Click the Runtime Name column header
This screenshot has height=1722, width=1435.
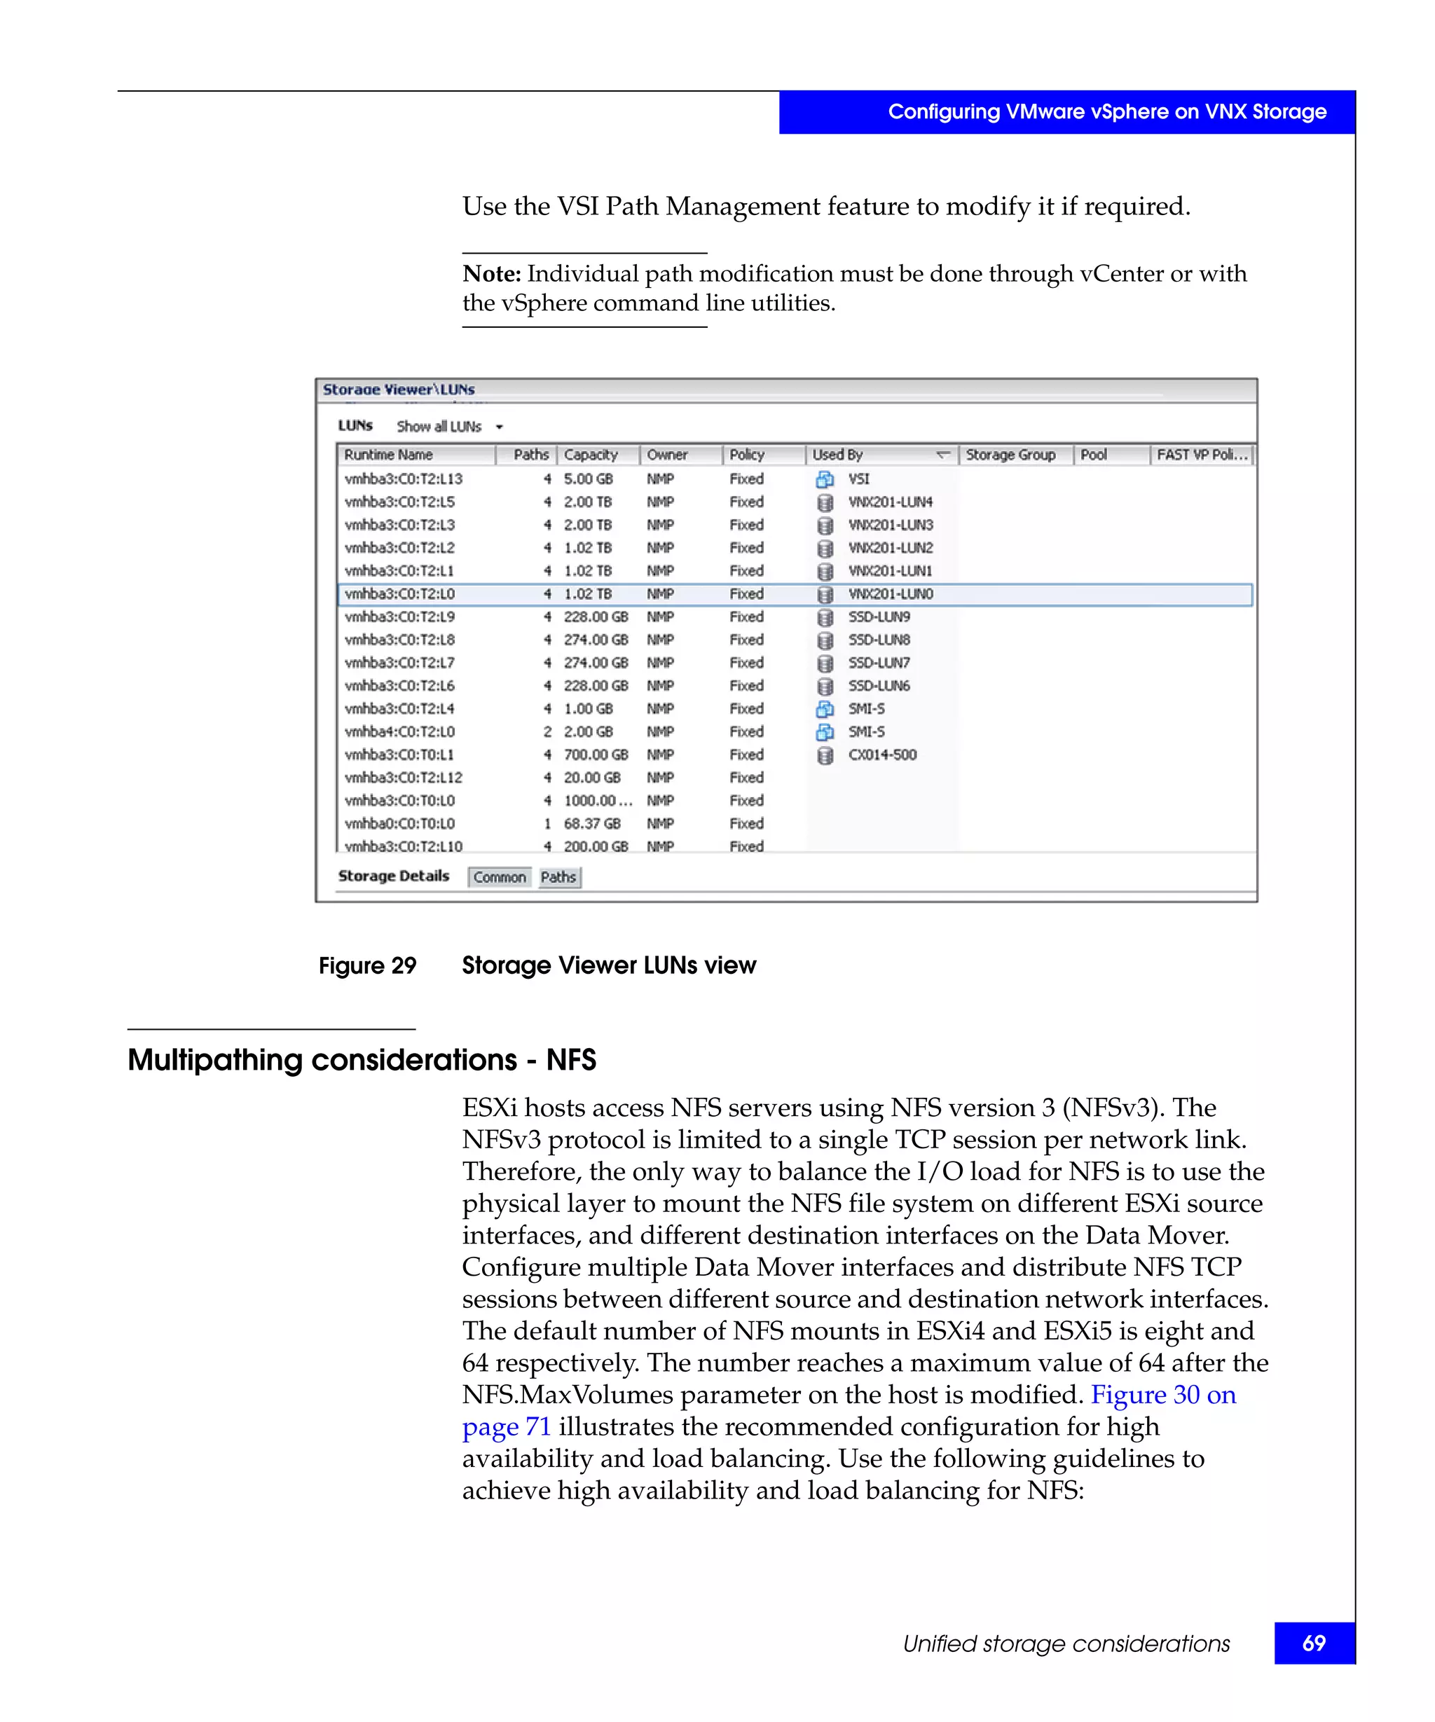(388, 454)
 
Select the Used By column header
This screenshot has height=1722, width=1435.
(837, 454)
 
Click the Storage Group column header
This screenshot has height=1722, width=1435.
(1010, 454)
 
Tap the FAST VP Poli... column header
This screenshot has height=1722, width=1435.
(1201, 454)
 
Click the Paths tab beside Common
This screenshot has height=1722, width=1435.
(558, 876)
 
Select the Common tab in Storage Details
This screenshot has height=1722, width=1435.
(500, 876)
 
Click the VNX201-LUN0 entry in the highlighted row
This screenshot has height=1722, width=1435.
(890, 593)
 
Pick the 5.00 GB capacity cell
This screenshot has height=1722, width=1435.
(588, 479)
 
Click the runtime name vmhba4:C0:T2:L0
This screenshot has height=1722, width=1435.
(399, 731)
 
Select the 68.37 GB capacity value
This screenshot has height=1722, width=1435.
(591, 823)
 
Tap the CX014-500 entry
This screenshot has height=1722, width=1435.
(881, 755)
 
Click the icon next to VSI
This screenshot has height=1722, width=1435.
(825, 479)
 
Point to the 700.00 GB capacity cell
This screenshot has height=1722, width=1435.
(596, 755)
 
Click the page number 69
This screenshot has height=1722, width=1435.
(1314, 1644)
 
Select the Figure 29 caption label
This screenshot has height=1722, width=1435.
(367, 965)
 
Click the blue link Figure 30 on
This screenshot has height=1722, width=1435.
(1162, 1395)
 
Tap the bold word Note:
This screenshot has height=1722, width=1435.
(491, 274)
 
